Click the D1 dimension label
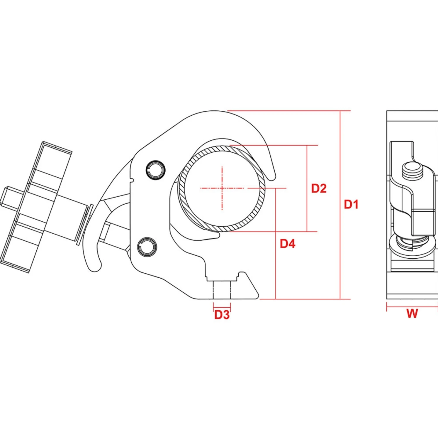click(351, 204)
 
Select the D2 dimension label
click(319, 188)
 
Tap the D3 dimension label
click(222, 315)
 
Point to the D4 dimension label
click(287, 244)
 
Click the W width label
click(412, 314)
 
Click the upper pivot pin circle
click(155, 170)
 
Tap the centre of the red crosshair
click(222, 188)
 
